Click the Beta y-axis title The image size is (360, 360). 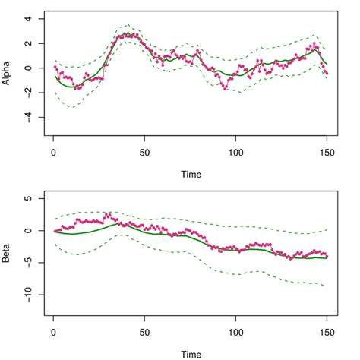click(x=8, y=246)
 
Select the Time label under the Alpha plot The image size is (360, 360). click(x=191, y=174)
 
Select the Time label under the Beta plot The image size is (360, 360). click(x=191, y=352)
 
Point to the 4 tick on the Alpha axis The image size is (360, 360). click(x=28, y=19)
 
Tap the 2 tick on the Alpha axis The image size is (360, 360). click(x=28, y=43)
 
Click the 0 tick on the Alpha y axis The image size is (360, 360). click(x=28, y=68)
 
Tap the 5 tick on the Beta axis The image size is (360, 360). click(x=28, y=199)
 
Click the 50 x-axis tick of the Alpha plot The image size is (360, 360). click(x=144, y=150)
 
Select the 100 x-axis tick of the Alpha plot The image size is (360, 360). click(x=235, y=150)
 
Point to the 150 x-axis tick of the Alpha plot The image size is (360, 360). click(x=327, y=150)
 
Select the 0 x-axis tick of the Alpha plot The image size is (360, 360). click(x=52, y=150)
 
